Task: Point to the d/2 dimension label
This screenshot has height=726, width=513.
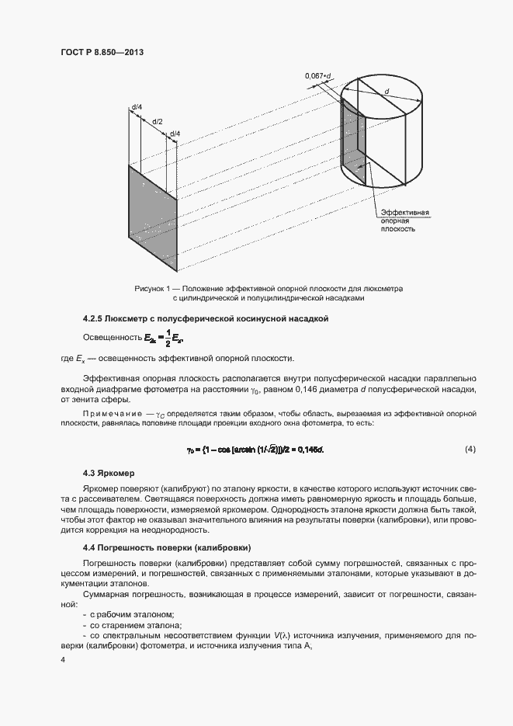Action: (157, 122)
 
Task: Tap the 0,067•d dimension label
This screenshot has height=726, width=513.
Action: (319, 75)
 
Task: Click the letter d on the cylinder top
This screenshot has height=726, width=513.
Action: (386, 92)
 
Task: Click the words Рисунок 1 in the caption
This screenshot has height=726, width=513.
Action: (152, 288)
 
